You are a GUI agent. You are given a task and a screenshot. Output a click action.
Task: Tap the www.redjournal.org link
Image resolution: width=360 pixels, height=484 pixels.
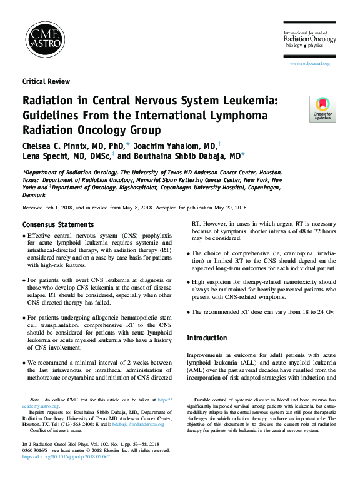coord(309,64)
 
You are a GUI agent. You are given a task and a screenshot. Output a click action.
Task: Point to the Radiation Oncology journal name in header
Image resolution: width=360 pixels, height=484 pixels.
coord(310,39)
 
